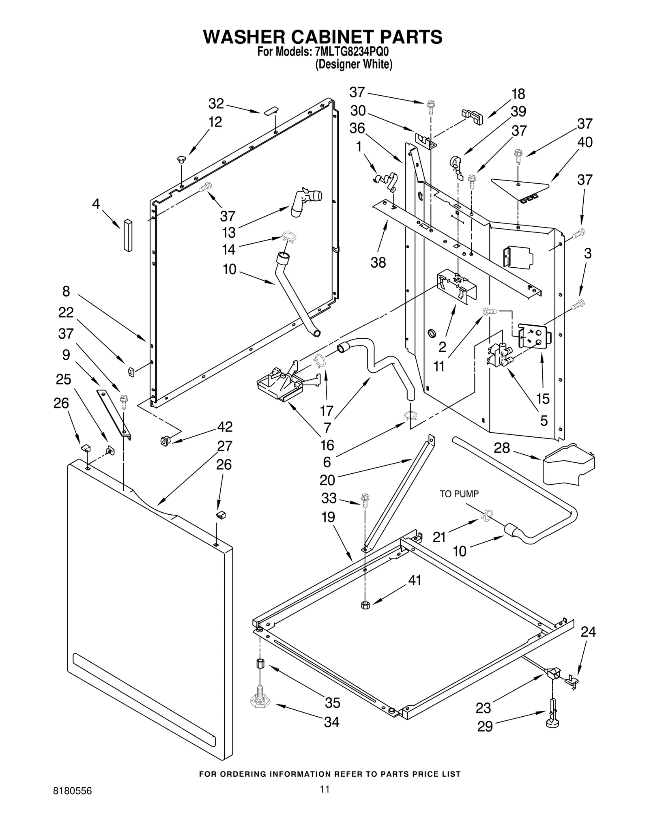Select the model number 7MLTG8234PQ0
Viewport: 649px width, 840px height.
pos(348,53)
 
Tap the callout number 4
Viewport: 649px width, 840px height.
pos(96,204)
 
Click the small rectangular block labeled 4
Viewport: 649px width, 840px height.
pos(128,235)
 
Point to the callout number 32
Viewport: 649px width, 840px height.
pos(216,104)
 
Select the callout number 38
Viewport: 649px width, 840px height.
pos(378,262)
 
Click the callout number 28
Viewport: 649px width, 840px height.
pos(502,448)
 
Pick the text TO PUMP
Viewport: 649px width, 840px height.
pos(459,494)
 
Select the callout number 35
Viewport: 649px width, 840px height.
pos(333,703)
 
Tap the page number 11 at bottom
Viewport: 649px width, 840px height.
pos(324,789)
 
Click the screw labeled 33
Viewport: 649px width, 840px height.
pos(365,500)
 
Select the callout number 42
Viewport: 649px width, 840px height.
pos(225,427)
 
